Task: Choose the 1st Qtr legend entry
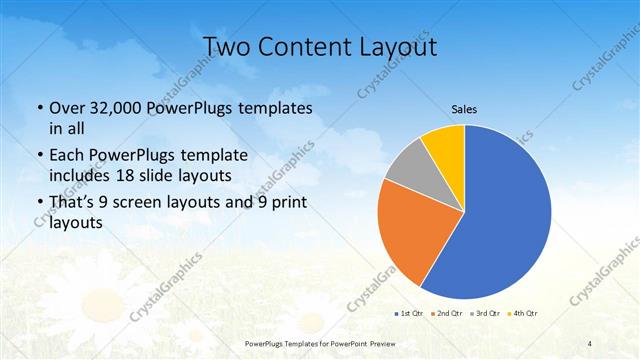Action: tap(410, 314)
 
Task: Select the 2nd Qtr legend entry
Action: tap(446, 314)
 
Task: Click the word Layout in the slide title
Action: tap(393, 46)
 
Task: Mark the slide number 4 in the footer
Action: tap(590, 344)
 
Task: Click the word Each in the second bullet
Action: tap(67, 156)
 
